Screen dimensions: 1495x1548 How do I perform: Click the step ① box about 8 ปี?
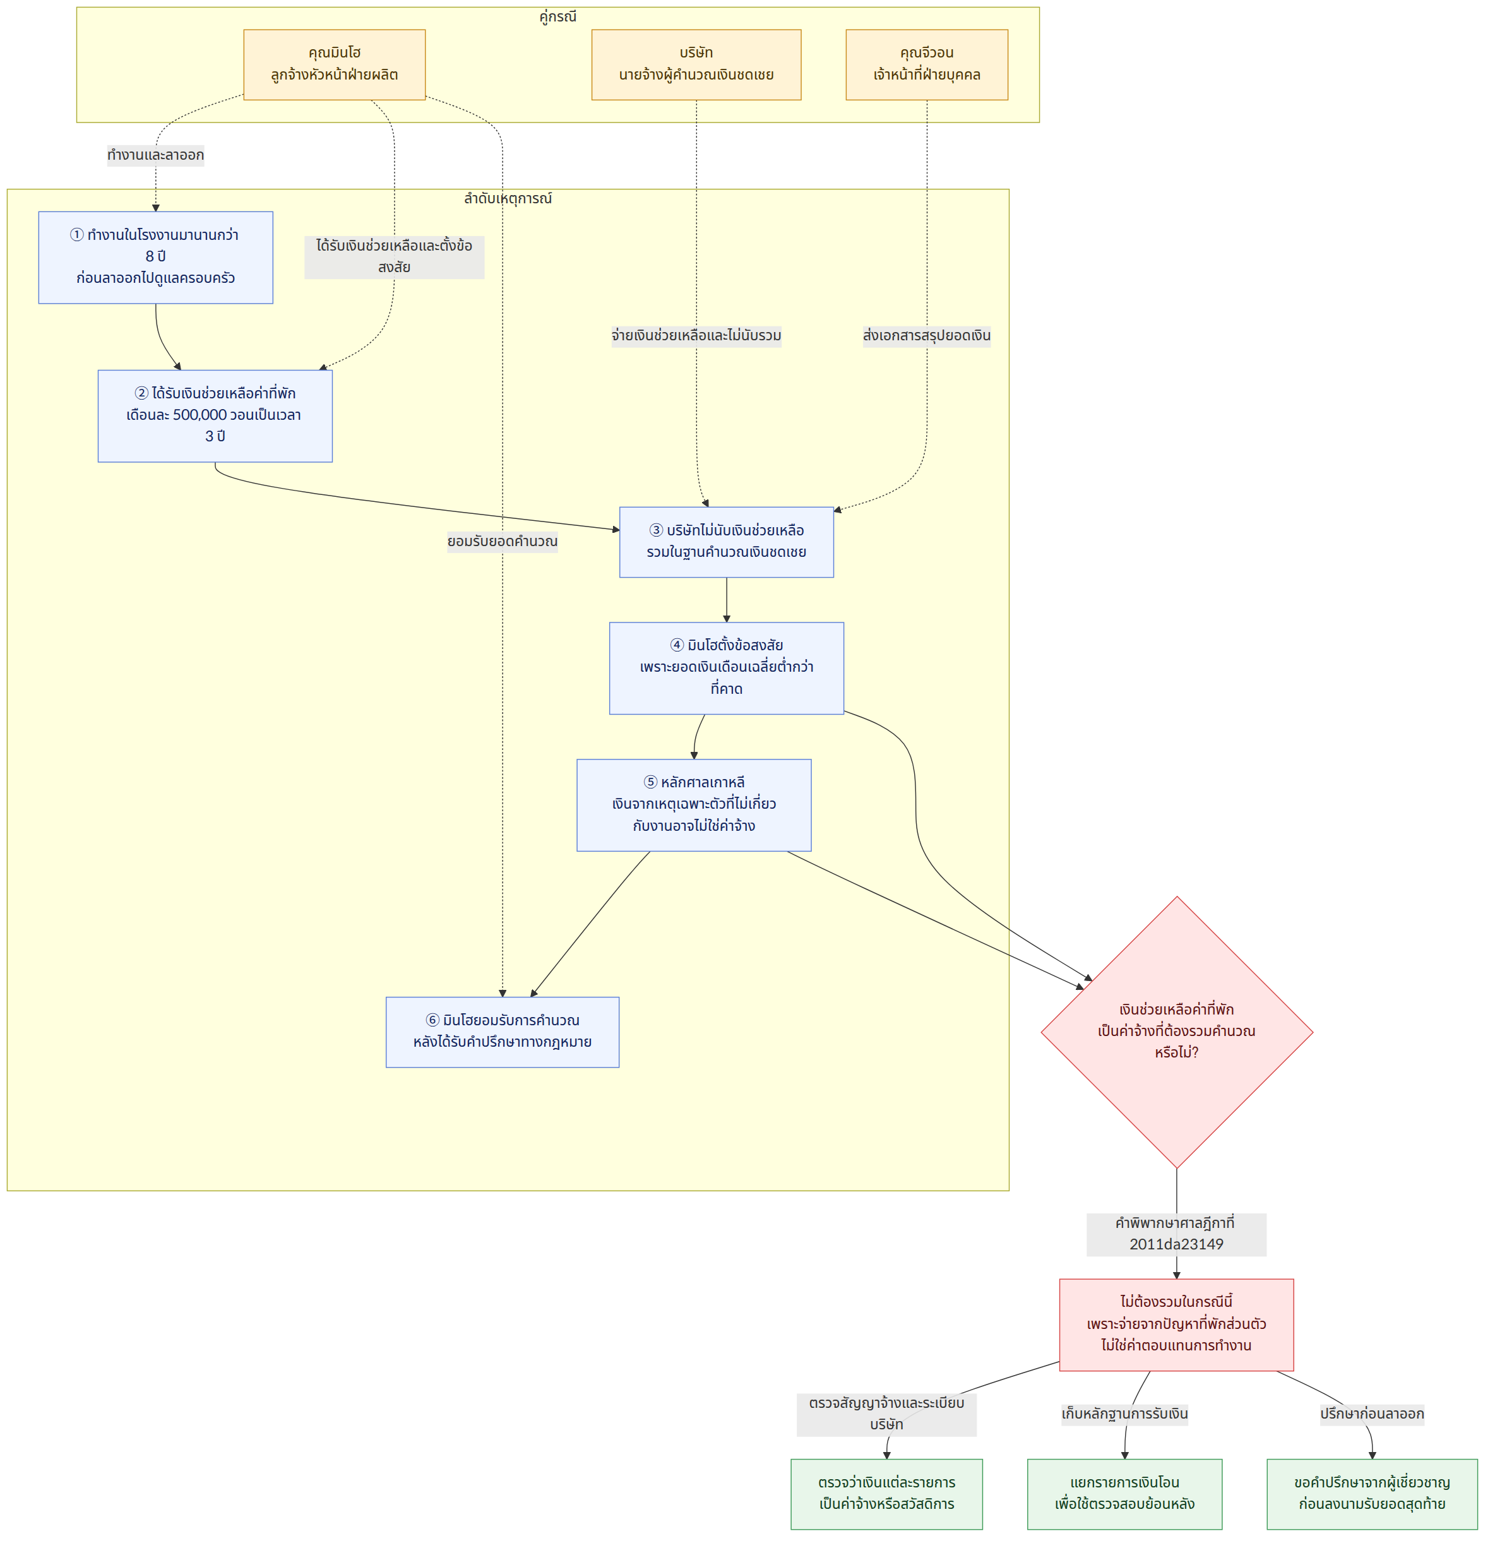point(155,258)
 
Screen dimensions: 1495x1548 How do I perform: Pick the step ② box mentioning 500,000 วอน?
point(215,415)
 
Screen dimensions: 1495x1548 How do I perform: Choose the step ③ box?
point(727,542)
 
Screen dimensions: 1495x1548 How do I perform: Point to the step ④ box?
point(727,668)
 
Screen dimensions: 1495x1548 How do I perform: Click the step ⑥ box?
point(503,1032)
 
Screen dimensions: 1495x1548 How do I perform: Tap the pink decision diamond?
point(1177,1032)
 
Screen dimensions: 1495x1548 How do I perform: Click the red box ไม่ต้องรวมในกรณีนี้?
point(1177,1325)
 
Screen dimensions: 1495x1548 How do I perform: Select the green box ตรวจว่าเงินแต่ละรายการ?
point(887,1494)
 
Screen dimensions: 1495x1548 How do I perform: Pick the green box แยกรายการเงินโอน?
point(1124,1494)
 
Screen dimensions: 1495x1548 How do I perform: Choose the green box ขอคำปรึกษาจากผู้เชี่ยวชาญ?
point(1373,1494)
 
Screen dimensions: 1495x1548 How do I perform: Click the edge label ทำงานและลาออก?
point(155,155)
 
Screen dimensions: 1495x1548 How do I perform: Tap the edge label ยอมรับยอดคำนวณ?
point(503,542)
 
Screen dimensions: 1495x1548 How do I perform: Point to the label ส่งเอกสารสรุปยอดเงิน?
point(926,336)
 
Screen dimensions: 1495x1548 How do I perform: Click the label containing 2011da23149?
point(1177,1234)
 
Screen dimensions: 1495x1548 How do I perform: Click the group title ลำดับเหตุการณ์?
point(508,199)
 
